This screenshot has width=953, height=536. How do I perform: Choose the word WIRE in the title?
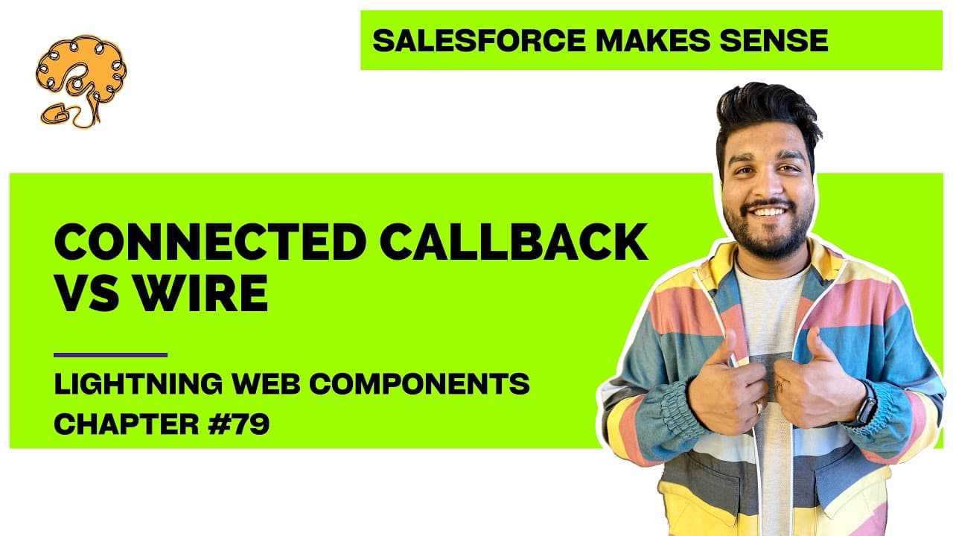click(x=202, y=293)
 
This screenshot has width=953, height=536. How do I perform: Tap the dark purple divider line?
click(x=111, y=355)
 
